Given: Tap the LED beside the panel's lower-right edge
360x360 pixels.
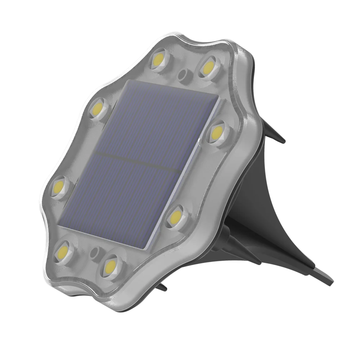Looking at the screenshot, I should coord(175,216).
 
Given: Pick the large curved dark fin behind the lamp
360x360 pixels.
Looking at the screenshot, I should coord(259,202).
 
